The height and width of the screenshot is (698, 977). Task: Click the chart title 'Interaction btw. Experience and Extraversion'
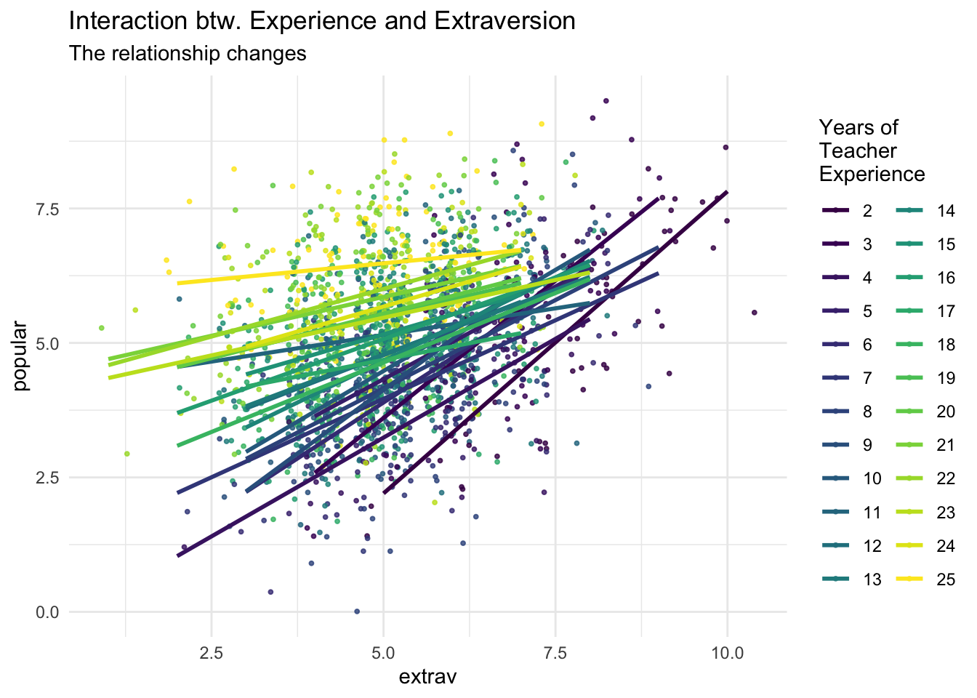click(322, 21)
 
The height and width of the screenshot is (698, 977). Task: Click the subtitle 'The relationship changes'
click(188, 54)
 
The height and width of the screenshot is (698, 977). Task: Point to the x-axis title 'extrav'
click(427, 677)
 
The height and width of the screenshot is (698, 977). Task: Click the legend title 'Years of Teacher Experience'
click(871, 151)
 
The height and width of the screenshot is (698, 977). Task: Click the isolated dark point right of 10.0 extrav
click(754, 313)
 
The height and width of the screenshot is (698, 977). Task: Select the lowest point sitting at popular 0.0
click(357, 611)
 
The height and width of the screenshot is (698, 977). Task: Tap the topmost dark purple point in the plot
click(606, 101)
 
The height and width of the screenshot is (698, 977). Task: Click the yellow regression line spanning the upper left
click(349, 267)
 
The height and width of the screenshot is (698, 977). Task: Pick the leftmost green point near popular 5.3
click(102, 328)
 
